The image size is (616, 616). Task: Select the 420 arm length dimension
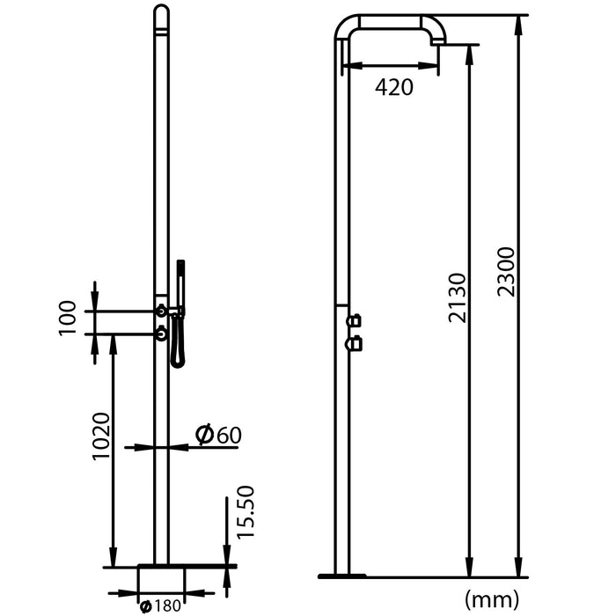393,86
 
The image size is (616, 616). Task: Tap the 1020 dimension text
101,436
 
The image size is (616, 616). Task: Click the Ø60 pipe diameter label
217,435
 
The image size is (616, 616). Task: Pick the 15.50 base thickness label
246,512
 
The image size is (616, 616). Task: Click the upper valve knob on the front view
161,310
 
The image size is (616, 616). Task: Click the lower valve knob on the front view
161,334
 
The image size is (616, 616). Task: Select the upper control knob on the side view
355,321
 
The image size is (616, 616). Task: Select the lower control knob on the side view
355,343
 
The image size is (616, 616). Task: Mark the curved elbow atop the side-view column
346,26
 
